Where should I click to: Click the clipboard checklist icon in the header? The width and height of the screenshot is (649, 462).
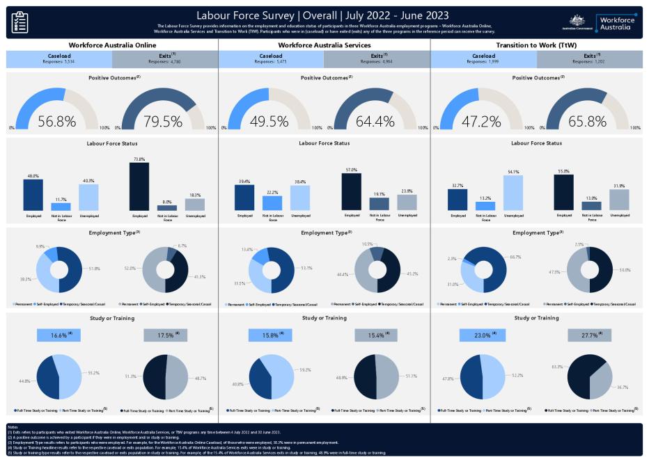click(19, 22)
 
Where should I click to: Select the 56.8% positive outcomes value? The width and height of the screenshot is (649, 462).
click(57, 121)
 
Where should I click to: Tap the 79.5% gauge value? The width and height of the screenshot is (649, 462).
click(163, 121)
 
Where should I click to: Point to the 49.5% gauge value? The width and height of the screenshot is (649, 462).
click(269, 121)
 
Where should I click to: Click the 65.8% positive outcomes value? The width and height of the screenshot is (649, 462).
click(587, 121)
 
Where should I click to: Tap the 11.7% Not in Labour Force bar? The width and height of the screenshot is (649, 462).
click(61, 207)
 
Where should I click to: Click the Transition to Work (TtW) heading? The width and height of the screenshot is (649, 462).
click(536, 45)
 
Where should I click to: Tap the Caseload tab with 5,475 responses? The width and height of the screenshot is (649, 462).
click(271, 58)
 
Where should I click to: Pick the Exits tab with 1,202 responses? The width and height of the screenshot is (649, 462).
click(588, 58)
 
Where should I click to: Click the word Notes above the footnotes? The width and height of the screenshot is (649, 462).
click(13, 427)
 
